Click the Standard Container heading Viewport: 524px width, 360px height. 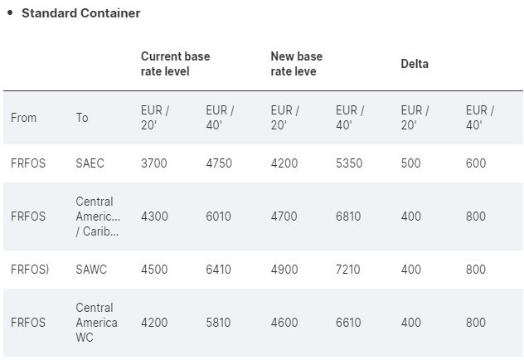[x=80, y=13]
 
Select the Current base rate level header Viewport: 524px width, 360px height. [x=175, y=64]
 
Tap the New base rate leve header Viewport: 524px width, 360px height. [x=296, y=64]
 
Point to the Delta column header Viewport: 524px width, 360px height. [x=415, y=64]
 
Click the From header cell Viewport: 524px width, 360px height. [x=24, y=118]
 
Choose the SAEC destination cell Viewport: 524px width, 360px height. [x=90, y=163]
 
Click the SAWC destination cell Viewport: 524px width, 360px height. [x=91, y=270]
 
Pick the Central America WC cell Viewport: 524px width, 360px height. [x=96, y=323]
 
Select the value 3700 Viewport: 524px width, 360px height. [x=153, y=163]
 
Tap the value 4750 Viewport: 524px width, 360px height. [x=219, y=163]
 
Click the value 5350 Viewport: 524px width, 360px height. [x=349, y=163]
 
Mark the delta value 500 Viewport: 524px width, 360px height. [x=411, y=163]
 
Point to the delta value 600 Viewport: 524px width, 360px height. [x=476, y=163]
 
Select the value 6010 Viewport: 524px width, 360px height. [x=219, y=216]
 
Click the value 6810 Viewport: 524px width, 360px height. [x=349, y=216]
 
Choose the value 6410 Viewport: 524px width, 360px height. [x=219, y=270]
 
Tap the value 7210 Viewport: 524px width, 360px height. [x=349, y=270]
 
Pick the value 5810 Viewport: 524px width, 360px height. [x=219, y=323]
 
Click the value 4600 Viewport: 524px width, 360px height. [x=284, y=323]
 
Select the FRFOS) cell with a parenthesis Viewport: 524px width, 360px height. [x=30, y=270]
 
